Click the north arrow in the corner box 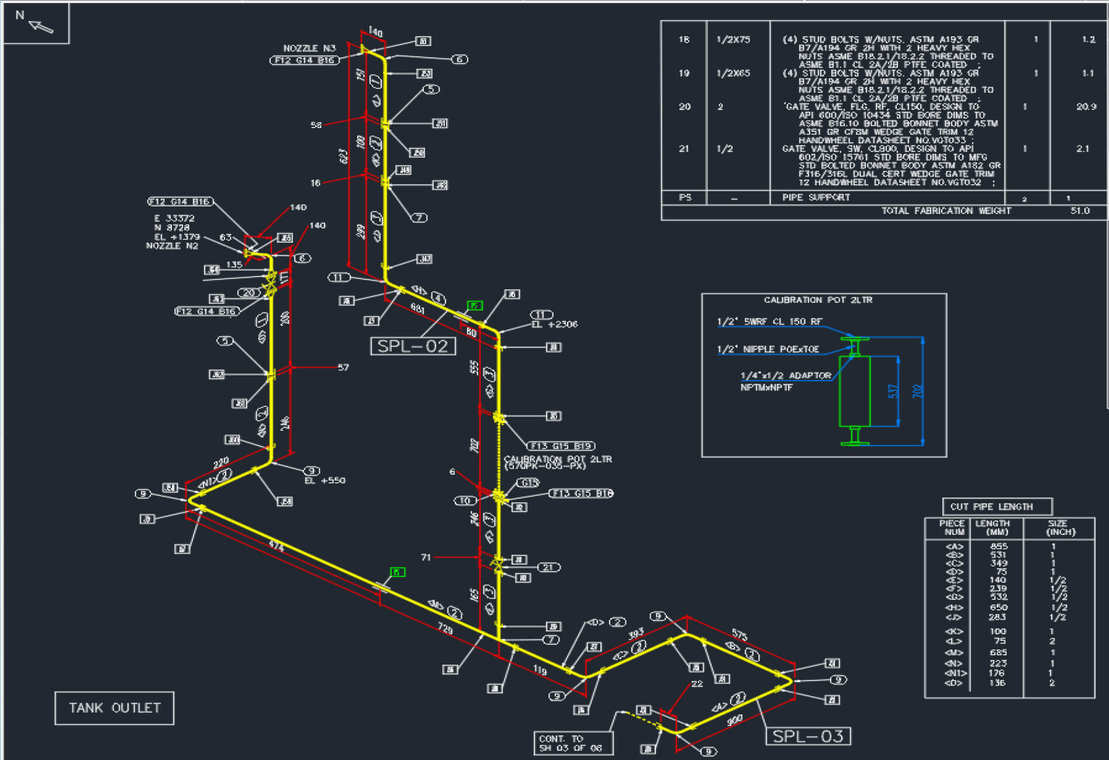[x=41, y=26]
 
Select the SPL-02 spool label [x=413, y=346]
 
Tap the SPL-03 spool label [x=808, y=736]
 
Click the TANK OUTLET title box [x=115, y=708]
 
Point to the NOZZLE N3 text [x=309, y=48]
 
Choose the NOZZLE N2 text [x=172, y=246]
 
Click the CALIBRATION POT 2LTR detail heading [x=818, y=300]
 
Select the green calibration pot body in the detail [x=854, y=391]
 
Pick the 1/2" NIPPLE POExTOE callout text [x=768, y=350]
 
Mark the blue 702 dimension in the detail [x=918, y=391]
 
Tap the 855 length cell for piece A [x=999, y=546]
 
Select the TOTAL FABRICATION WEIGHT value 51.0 [x=1080, y=211]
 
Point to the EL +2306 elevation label [x=554, y=324]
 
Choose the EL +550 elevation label [x=325, y=481]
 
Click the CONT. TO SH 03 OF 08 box [x=573, y=743]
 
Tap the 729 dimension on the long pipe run [x=445, y=628]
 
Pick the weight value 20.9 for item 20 [x=1086, y=106]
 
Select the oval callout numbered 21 [x=548, y=567]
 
